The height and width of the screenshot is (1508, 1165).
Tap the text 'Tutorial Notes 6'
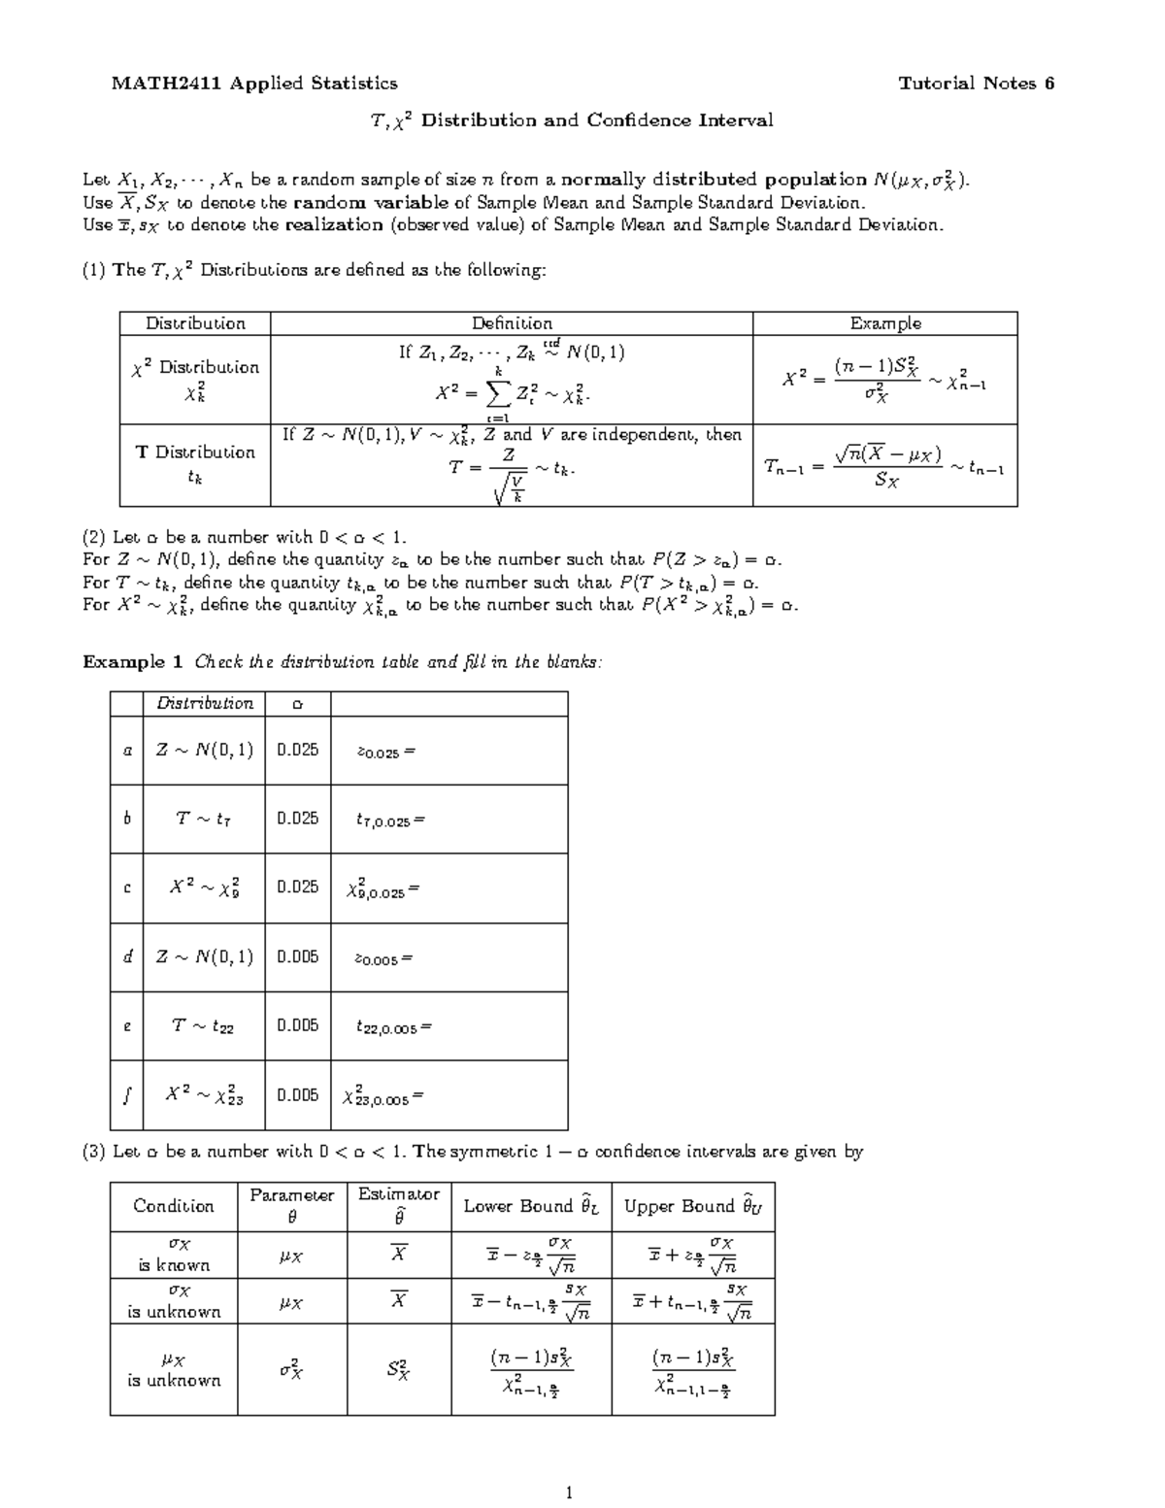[976, 84]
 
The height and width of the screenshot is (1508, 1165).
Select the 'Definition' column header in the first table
[512, 323]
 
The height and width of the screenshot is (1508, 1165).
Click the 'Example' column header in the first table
[884, 323]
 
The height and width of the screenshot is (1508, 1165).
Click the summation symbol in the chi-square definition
[497, 393]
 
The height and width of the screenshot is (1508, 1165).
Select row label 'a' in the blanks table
[126, 751]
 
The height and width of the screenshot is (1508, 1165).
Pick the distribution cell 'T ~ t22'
[203, 1026]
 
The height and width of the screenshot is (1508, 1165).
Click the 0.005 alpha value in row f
[297, 1095]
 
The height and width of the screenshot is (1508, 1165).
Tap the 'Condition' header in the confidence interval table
[174, 1206]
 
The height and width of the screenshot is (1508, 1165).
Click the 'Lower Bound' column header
[531, 1206]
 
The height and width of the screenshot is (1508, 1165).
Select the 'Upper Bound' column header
[693, 1206]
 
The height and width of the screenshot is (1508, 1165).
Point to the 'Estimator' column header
[399, 1194]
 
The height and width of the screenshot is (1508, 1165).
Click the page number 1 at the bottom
[570, 1493]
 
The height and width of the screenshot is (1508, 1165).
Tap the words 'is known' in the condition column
[174, 1265]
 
